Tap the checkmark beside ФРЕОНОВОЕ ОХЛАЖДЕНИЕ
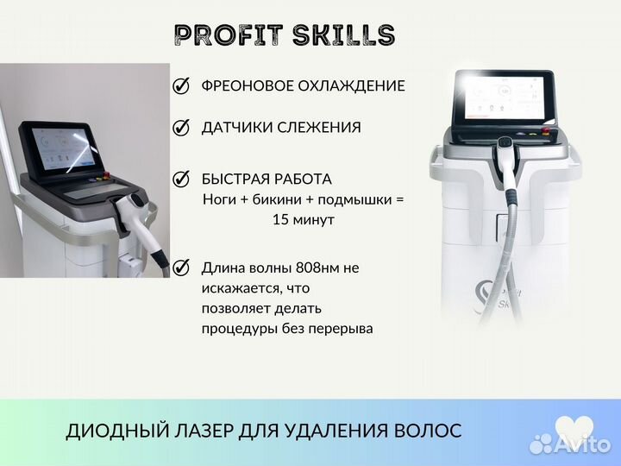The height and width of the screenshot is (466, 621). tap(182, 86)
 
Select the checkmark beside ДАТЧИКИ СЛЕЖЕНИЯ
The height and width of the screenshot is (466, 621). tap(182, 128)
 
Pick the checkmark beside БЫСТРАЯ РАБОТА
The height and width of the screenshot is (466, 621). tap(182, 179)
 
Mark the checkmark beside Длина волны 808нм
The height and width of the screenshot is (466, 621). tap(182, 268)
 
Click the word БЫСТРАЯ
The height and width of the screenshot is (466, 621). tap(235, 179)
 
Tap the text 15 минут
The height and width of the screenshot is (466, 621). tap(303, 220)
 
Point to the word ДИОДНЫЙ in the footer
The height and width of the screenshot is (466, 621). tap(110, 431)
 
